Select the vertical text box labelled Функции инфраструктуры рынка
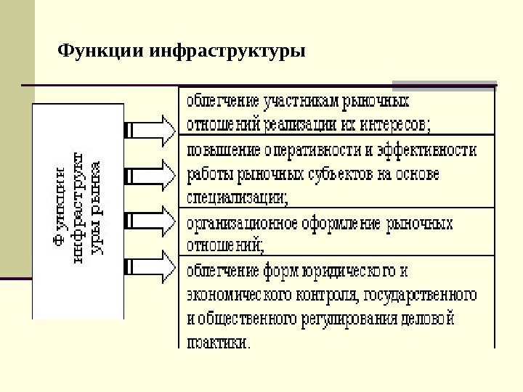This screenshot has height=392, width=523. coord(78,211)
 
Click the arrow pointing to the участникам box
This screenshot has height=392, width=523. coord(151,129)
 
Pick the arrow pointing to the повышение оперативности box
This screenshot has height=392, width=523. coord(151,176)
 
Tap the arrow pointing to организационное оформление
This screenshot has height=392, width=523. coord(151,221)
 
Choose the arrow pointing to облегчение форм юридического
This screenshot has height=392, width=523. coord(151,266)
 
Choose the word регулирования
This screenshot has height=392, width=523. coord(345,318)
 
